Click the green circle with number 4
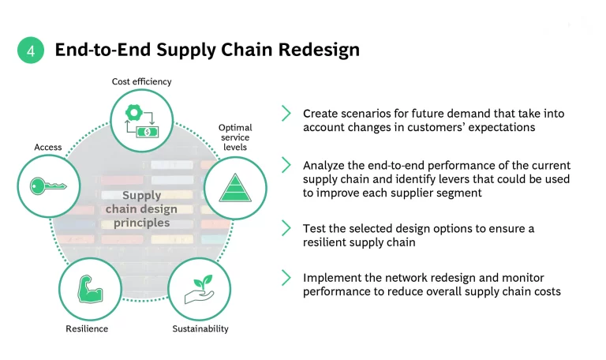click(31, 51)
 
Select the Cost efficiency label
click(141, 81)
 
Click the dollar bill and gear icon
click(141, 120)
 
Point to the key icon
click(49, 186)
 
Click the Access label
click(48, 148)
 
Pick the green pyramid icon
click(235, 187)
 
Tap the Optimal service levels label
click(235, 137)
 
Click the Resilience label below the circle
click(87, 328)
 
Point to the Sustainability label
click(200, 328)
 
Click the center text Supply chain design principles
click(141, 209)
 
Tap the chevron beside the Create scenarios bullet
click(286, 114)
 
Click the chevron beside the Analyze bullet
click(286, 165)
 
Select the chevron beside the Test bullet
click(286, 228)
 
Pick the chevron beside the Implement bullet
click(286, 278)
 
